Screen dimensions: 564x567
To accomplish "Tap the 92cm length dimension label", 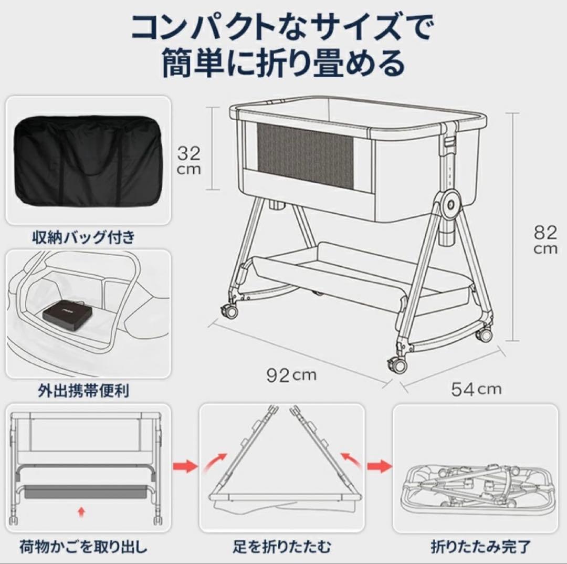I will [x=291, y=375].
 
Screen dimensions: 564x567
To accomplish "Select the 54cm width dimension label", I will [x=476, y=389].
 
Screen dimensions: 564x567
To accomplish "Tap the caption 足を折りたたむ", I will [x=282, y=547].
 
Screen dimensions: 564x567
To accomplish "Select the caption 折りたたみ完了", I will [x=476, y=547].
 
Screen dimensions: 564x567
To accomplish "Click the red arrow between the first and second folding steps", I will [x=184, y=465].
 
